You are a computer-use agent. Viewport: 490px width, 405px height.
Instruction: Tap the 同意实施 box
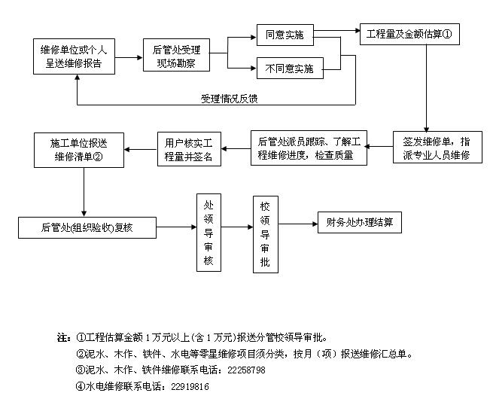(x=285, y=35)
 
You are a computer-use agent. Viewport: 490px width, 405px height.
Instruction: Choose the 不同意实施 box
(x=289, y=69)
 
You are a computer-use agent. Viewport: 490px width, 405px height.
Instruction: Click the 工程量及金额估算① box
(x=408, y=35)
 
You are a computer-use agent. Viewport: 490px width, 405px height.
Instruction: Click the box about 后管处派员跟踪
(x=310, y=148)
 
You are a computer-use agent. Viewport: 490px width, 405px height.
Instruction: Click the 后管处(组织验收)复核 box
(x=87, y=226)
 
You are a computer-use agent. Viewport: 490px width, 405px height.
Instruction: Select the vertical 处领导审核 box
(x=208, y=233)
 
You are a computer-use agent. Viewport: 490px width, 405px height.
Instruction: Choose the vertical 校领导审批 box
(x=264, y=234)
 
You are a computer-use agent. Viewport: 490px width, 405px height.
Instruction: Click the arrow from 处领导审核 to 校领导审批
(x=236, y=226)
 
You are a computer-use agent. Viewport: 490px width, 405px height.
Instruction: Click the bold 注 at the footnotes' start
(x=62, y=336)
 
